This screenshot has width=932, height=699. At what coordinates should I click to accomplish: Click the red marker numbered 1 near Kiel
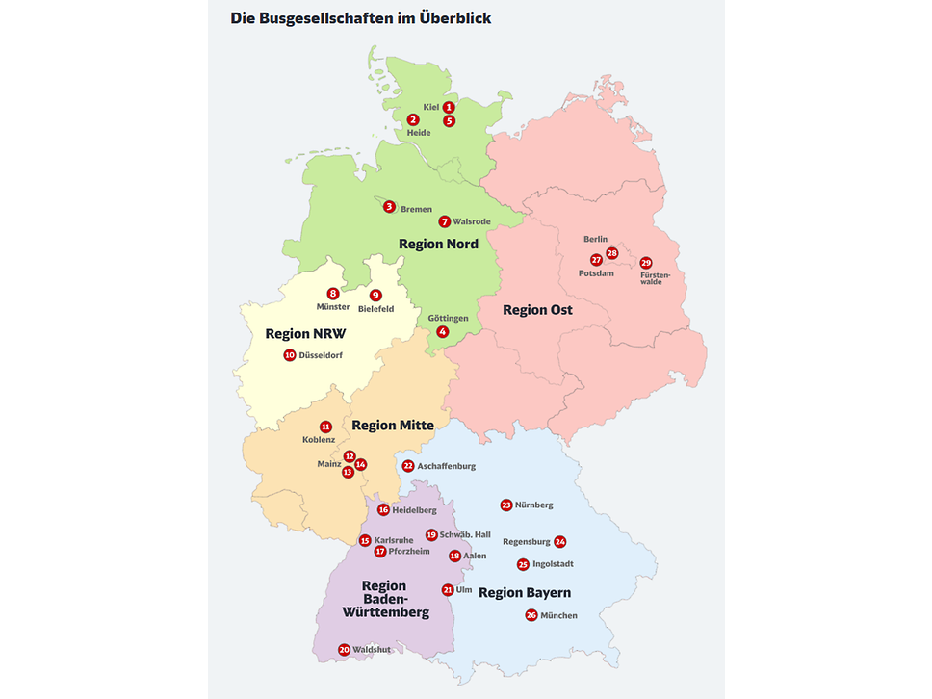[449, 107]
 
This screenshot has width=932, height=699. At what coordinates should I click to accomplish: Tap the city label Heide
[419, 133]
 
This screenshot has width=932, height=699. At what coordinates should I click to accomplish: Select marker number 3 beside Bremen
[389, 207]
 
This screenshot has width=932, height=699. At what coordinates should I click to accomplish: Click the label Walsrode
[472, 221]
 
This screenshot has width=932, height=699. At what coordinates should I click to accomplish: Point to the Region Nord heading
[438, 244]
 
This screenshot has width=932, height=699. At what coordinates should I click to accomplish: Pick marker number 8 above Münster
[333, 294]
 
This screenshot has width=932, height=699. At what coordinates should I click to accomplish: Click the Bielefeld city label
[375, 308]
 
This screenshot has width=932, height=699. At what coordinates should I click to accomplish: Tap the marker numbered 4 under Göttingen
[443, 332]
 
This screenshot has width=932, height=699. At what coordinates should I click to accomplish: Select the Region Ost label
[537, 309]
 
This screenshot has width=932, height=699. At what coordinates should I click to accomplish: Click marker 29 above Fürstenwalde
[646, 263]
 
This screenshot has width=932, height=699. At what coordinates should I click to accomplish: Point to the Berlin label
[596, 239]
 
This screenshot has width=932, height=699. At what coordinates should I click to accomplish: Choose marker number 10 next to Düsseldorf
[289, 355]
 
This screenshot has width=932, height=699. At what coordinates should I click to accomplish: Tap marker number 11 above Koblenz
[325, 427]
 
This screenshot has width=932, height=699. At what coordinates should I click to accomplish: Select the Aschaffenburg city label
[446, 466]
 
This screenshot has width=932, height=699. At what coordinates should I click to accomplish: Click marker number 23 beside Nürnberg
[506, 505]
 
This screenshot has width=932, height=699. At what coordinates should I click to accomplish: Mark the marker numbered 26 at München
[531, 615]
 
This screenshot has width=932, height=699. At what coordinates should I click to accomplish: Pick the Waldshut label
[372, 650]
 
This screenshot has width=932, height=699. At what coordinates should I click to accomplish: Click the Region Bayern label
[525, 592]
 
